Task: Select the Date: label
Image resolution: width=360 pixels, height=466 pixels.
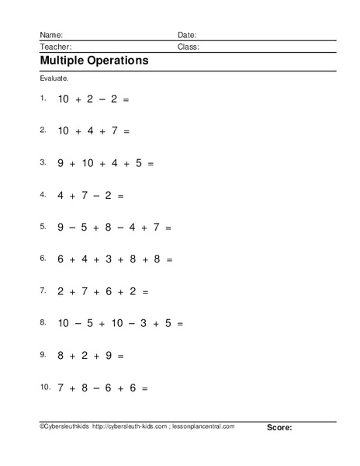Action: pos(187,36)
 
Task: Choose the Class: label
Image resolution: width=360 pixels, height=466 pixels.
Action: pos(189,47)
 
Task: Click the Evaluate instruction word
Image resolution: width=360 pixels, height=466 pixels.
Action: pos(53,79)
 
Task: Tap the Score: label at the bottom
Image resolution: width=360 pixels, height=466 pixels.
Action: pos(279,427)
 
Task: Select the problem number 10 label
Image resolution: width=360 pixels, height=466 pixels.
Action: pos(43,385)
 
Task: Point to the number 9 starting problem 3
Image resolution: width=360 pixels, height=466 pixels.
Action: pos(61,164)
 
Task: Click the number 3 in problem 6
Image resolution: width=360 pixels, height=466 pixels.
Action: pos(109,259)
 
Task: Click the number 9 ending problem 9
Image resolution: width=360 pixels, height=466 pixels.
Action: pos(109,355)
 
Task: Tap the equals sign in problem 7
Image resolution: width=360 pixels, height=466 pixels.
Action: pos(145,291)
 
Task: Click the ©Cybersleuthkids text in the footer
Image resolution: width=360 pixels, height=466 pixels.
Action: pos(62,427)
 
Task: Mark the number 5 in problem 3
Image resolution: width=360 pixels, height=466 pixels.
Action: pos(138,164)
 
